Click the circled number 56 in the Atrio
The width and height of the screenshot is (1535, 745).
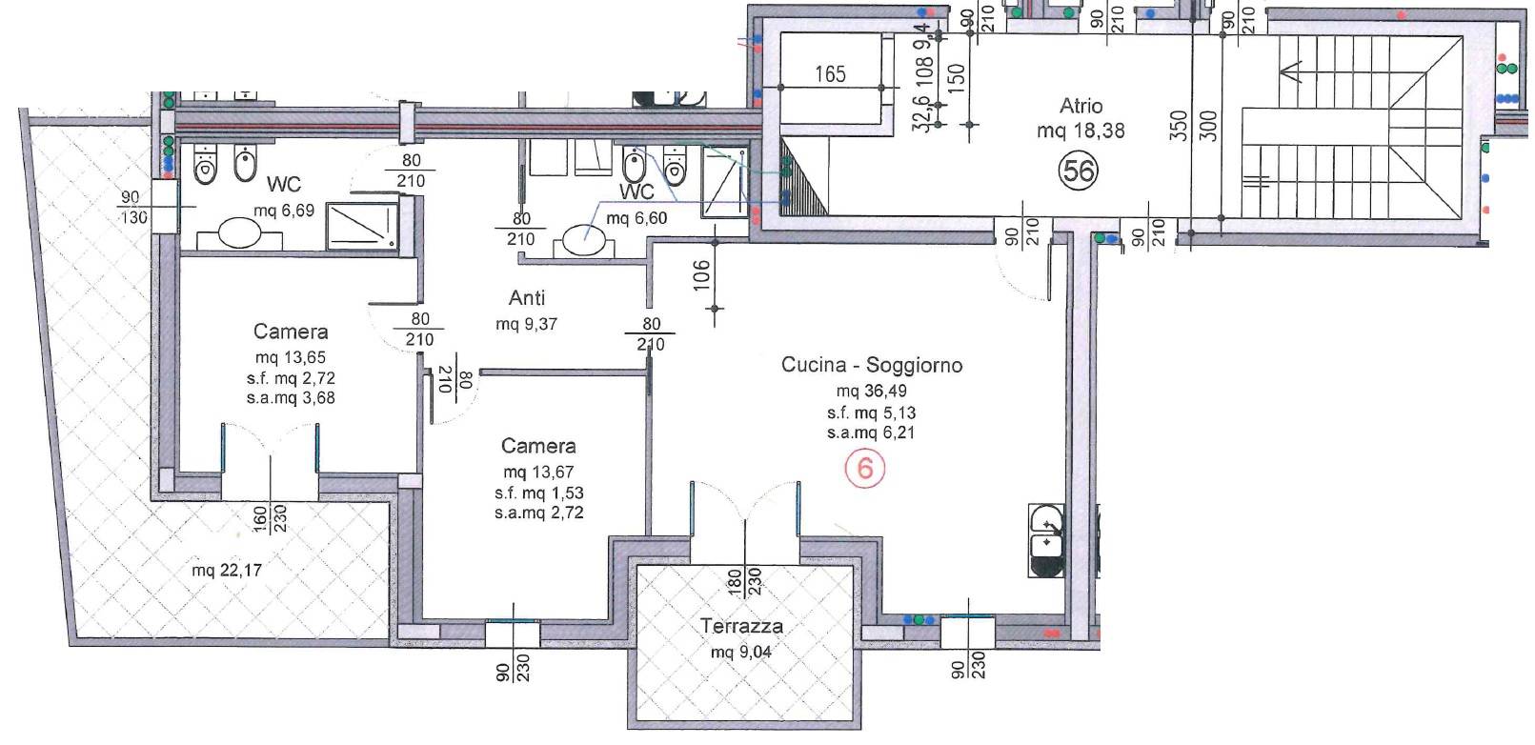[x=1079, y=171]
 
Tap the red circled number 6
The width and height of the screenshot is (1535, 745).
[x=865, y=469]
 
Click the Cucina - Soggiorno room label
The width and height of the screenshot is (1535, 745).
[x=871, y=365]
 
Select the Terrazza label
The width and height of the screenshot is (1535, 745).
[x=741, y=626]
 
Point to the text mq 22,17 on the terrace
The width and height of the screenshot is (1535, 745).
[x=227, y=571]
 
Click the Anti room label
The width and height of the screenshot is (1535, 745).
[x=527, y=298]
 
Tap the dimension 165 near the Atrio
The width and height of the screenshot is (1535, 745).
[x=830, y=74]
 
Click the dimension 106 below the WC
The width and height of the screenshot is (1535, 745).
[x=702, y=276]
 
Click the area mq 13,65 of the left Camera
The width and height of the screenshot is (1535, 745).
[x=291, y=358]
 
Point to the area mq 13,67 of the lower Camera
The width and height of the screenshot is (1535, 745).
[x=538, y=473]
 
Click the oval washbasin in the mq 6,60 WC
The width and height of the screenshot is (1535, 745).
[x=583, y=239]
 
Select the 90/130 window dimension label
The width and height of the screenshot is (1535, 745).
[x=133, y=208]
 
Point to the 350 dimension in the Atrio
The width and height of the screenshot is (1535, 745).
[x=1179, y=126]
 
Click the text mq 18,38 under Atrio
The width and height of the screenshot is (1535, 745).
[x=1081, y=131]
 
